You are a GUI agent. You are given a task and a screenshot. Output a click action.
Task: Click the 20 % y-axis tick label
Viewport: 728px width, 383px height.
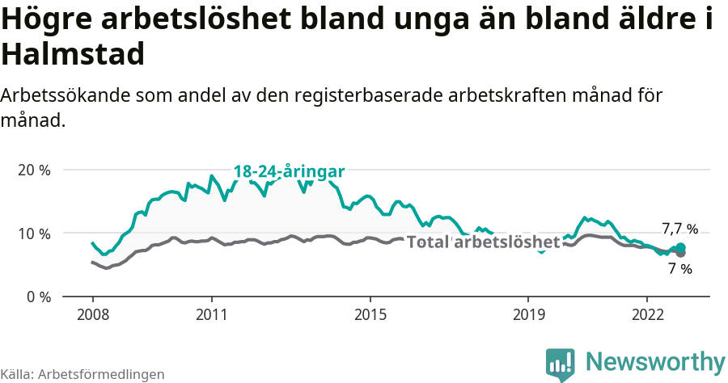(x=35, y=170)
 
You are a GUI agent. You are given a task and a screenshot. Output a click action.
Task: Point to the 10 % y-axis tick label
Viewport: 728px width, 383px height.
(x=35, y=234)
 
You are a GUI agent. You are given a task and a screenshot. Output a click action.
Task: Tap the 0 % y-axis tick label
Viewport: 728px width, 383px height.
(x=38, y=297)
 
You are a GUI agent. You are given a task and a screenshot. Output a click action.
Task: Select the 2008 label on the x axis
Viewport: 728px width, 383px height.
(x=92, y=314)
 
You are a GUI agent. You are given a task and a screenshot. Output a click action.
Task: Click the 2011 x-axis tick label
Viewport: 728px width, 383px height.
(x=211, y=314)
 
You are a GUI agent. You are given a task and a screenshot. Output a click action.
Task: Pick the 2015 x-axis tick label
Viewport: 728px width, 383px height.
(x=370, y=314)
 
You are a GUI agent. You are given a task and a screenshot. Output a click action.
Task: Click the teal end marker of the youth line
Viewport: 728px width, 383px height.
(x=680, y=247)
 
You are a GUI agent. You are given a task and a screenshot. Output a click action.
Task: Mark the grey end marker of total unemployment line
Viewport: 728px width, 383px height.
(x=680, y=253)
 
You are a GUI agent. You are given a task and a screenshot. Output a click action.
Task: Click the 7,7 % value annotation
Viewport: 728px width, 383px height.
(x=679, y=229)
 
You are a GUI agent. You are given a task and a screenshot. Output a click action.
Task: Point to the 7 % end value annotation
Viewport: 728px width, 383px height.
(x=679, y=269)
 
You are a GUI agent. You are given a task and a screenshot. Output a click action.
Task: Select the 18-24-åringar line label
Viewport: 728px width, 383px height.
(x=289, y=171)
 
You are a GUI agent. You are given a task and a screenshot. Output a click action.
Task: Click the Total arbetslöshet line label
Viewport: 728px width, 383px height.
(x=483, y=242)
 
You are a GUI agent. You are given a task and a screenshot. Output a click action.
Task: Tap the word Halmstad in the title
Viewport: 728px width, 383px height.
(x=73, y=54)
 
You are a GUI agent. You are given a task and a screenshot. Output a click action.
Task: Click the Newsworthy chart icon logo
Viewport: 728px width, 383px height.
(x=561, y=364)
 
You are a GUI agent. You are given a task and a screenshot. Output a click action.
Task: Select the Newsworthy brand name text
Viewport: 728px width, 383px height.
(x=655, y=361)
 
